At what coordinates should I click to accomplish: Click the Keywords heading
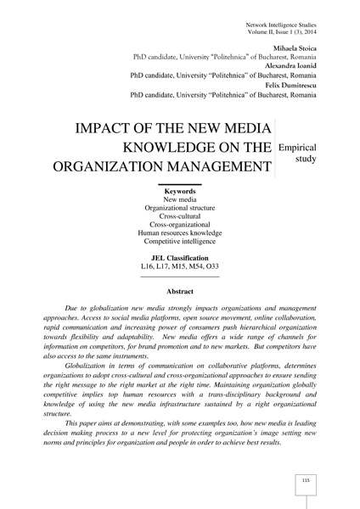click(179, 192)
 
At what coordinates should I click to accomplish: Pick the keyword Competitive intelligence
click(179, 243)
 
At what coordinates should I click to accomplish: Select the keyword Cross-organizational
click(179, 222)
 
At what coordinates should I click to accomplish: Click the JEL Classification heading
click(179, 257)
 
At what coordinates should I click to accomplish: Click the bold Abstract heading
click(179, 293)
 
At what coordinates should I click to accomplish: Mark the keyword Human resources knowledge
click(179, 232)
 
